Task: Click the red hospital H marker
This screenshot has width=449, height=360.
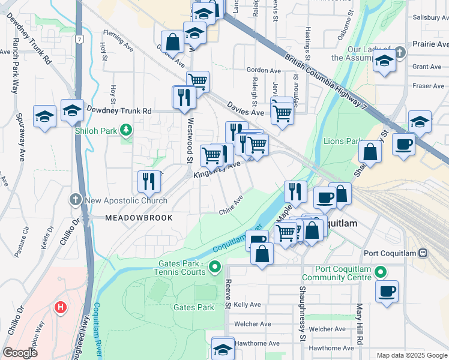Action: click(x=60, y=308)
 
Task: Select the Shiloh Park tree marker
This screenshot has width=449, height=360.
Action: click(x=125, y=129)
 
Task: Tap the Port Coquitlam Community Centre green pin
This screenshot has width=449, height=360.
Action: click(x=378, y=272)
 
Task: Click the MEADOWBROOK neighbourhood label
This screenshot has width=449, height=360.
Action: click(x=139, y=218)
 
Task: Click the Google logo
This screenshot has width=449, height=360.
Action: click(x=20, y=353)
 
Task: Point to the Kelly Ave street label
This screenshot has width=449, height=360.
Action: click(x=247, y=305)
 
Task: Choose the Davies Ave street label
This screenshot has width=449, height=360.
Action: click(x=245, y=108)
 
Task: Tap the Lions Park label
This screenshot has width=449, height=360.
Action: click(x=340, y=141)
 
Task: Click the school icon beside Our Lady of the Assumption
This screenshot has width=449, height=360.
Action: click(x=384, y=61)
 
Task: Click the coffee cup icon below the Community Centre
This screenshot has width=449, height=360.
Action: click(x=387, y=291)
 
